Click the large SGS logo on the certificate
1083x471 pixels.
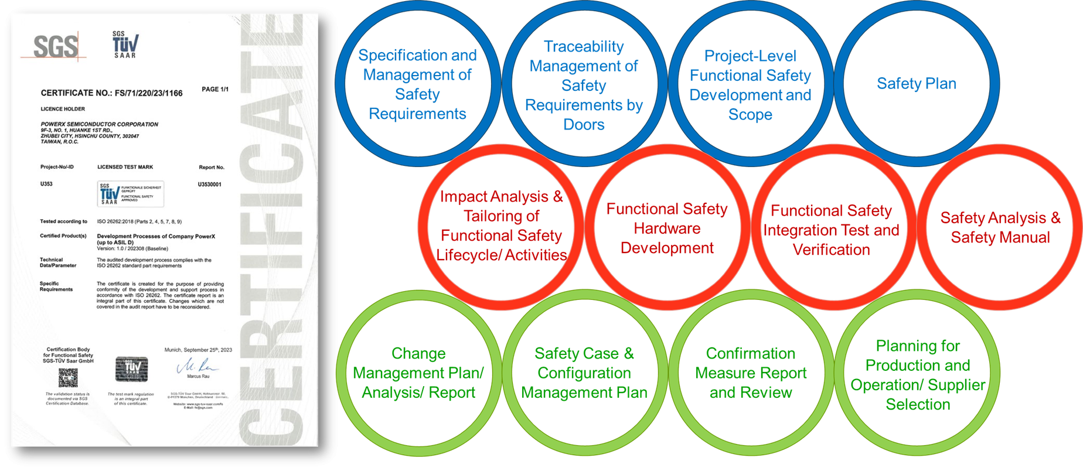tap(55, 46)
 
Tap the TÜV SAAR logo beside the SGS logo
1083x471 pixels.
tap(125, 45)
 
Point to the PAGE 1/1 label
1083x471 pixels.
tap(215, 90)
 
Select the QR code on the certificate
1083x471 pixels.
tap(68, 378)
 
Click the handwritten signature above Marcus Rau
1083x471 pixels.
tap(197, 367)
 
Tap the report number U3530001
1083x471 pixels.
tap(210, 185)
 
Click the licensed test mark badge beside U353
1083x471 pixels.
tap(130, 194)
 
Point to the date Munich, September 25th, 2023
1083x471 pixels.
tap(198, 350)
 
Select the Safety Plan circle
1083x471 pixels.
tap(917, 84)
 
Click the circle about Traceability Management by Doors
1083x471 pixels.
tap(584, 85)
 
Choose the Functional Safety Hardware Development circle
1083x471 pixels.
tap(667, 228)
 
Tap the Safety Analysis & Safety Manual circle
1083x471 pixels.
tap(1000, 228)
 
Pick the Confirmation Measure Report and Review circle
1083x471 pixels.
tap(751, 373)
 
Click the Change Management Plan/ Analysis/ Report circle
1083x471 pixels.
tap(418, 373)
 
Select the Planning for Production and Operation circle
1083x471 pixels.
tap(918, 375)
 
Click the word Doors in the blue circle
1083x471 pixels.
tap(584, 125)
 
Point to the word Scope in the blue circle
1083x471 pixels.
tap(750, 115)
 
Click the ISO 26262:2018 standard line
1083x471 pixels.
tap(139, 222)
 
